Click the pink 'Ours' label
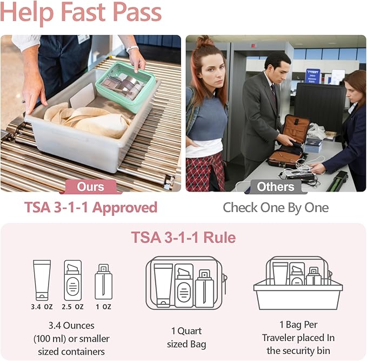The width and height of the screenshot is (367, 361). tap(91, 187)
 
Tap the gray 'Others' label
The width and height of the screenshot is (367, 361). tap(276, 187)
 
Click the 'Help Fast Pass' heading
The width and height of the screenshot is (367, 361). tap(81, 13)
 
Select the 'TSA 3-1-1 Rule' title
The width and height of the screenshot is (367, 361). tap(183, 237)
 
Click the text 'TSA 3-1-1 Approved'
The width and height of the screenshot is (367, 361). tap(91, 207)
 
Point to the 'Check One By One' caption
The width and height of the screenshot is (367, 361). tap(276, 207)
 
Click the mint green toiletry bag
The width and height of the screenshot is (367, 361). tap(125, 86)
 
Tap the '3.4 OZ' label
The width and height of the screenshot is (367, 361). tap(42, 306)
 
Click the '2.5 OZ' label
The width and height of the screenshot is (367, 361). tap(72, 306)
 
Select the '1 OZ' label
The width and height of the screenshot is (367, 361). tap(103, 306)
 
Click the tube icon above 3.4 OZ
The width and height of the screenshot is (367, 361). tap(42, 280)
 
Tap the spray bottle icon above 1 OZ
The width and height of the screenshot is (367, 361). tap(103, 282)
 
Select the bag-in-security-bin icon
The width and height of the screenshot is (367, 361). tap(298, 283)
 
